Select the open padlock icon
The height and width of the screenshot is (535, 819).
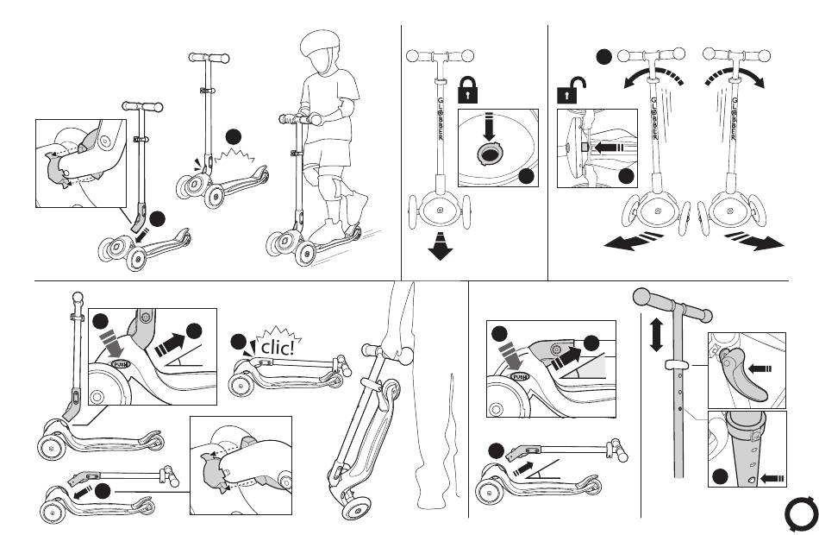570,91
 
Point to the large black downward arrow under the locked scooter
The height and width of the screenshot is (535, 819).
441,246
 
